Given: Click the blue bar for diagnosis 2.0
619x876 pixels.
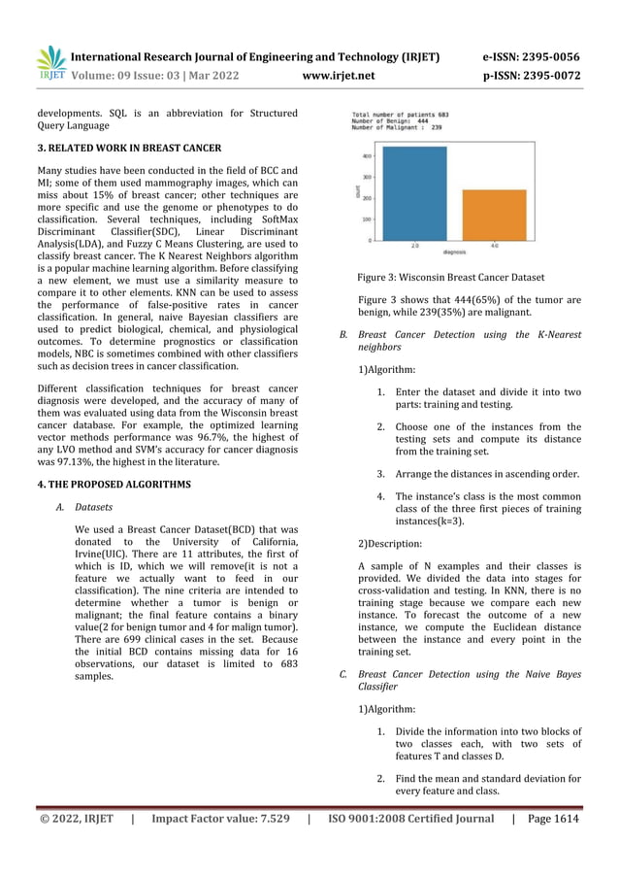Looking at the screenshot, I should click(x=415, y=193).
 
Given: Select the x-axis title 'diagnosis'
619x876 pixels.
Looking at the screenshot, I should click(x=454, y=252).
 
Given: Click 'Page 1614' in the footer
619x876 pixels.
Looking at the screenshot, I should click(x=552, y=819).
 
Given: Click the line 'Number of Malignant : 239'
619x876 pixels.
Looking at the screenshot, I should click(x=397, y=127).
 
